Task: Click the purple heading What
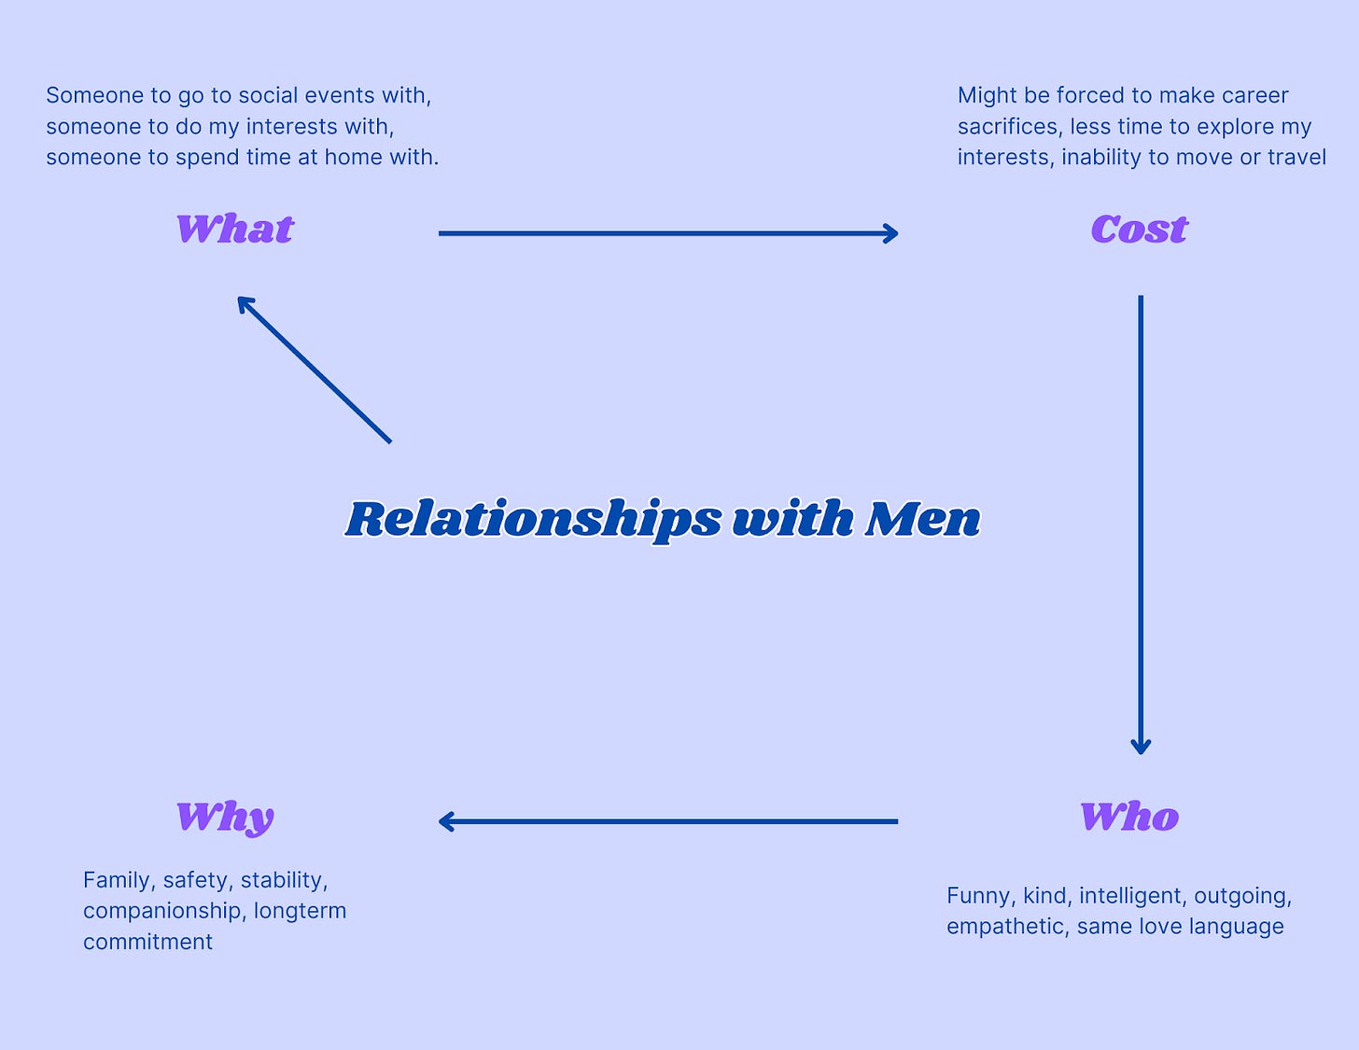coord(235,230)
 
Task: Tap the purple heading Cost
coord(1139,230)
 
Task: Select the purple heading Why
coord(225,818)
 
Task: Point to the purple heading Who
coord(1129,818)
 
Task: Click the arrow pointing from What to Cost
coord(667,233)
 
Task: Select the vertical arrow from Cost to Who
coord(1141,523)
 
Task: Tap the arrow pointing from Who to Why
coord(667,821)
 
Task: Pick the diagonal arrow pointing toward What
coord(314,369)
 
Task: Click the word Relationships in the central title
coord(533,520)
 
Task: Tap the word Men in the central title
coord(922,520)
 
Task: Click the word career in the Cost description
coord(1254,95)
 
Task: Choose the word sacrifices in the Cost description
coord(1008,126)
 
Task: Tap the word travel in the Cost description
coord(1296,157)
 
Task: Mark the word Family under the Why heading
coord(117,880)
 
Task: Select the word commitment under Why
coord(147,942)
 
